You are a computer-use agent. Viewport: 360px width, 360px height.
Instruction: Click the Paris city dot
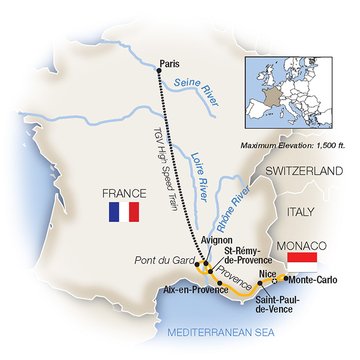157,65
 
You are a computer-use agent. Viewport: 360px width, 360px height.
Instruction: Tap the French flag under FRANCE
123,212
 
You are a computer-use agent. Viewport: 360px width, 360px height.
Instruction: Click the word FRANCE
124,194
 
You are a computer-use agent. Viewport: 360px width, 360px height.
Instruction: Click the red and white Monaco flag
301,262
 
